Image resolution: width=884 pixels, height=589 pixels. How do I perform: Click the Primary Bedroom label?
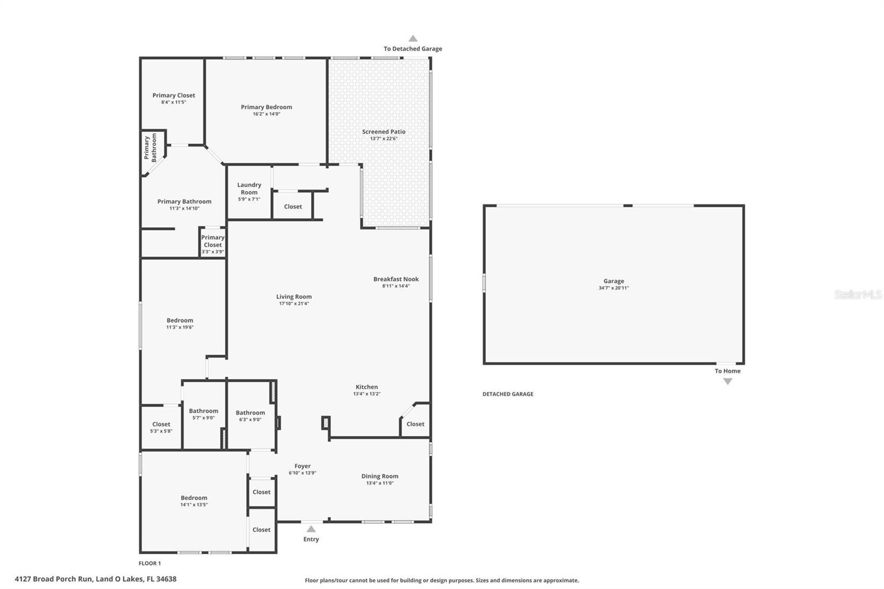266,107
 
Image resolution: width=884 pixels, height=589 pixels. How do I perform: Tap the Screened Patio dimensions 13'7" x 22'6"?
383,139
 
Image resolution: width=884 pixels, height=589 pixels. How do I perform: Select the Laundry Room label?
249,188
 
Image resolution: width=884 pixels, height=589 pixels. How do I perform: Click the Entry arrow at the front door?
311,529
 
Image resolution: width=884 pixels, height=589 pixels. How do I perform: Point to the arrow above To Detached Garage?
413,39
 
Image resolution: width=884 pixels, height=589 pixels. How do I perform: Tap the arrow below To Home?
728,381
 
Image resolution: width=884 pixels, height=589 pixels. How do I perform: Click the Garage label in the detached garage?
613,281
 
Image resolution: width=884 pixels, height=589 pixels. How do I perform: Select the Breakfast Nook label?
396,279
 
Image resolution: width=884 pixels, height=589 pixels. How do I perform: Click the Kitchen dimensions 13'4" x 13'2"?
366,394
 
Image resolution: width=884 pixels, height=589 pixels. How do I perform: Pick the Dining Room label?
380,476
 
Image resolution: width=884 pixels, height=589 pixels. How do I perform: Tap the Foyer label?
302,466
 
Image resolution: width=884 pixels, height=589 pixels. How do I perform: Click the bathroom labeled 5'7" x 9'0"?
203,414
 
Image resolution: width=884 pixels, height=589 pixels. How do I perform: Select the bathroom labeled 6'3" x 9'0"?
250,416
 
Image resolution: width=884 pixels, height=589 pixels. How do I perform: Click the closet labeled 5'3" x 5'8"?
161,427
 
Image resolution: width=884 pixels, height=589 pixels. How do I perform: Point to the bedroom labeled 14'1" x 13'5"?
193,501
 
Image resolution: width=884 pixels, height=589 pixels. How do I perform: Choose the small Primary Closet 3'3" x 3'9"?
213,244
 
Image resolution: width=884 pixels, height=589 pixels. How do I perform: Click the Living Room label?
294,297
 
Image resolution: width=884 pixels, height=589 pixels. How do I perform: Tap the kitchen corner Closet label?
415,424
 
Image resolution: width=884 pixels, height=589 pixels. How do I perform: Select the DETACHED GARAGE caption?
508,394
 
